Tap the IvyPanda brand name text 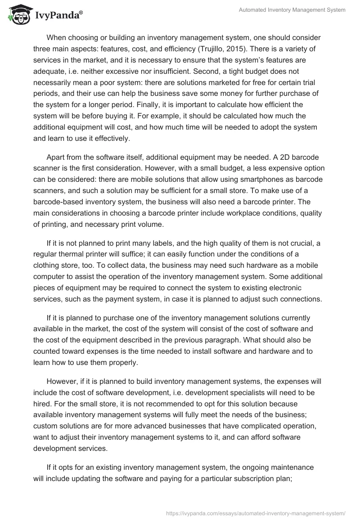(x=57, y=15)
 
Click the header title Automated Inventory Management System (x=292, y=10)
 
